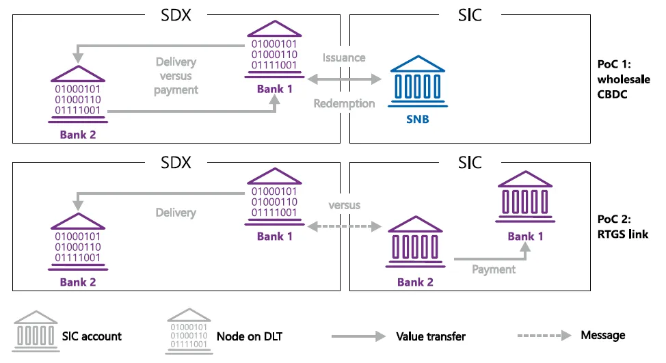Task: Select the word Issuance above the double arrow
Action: [344, 58]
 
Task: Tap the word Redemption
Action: [344, 103]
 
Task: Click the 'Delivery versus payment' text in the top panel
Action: [176, 76]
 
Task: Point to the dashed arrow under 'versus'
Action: [344, 226]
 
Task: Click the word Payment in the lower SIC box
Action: [493, 269]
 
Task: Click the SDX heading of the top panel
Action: [176, 14]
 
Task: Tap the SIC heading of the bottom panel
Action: [470, 163]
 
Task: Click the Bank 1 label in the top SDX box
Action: [274, 89]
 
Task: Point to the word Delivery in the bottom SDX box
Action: [176, 213]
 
